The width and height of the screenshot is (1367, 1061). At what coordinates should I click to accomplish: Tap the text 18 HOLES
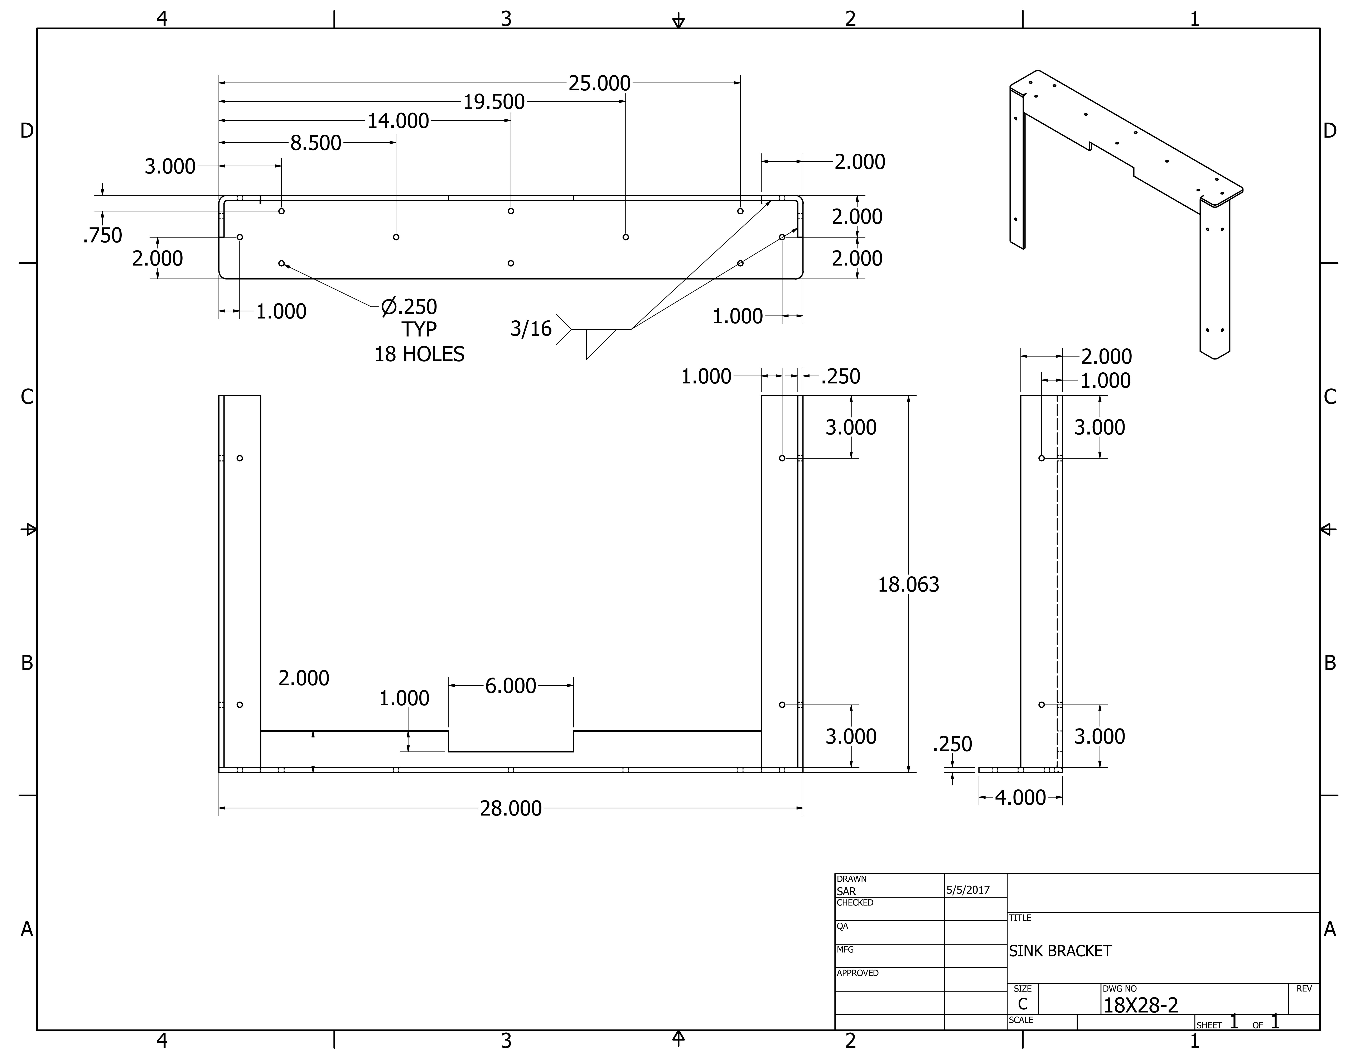click(419, 354)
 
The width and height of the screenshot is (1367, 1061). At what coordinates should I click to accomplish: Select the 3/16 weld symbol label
click(531, 329)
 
